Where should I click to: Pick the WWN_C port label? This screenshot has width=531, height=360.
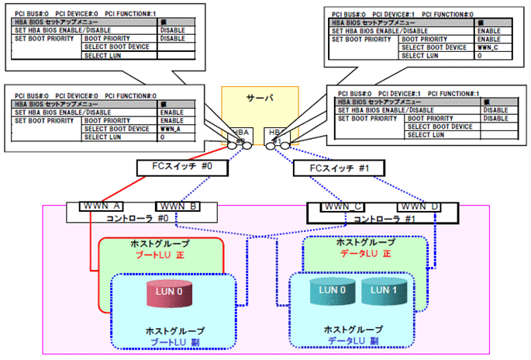click(x=344, y=208)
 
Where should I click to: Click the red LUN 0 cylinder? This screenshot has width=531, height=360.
click(x=162, y=294)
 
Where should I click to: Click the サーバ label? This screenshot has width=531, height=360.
click(x=259, y=99)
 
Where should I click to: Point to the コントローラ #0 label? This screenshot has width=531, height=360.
click(x=140, y=219)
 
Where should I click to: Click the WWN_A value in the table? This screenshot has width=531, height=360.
click(x=169, y=129)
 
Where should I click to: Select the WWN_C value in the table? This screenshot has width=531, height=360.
click(x=488, y=47)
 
